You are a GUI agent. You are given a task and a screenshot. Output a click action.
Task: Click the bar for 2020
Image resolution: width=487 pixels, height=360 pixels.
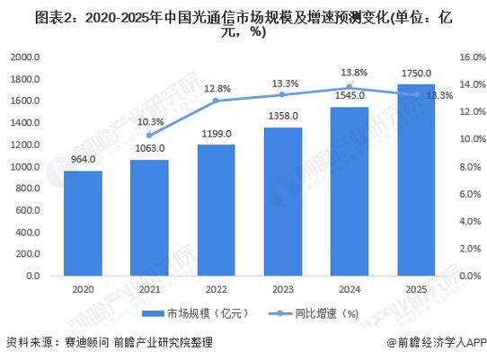82,224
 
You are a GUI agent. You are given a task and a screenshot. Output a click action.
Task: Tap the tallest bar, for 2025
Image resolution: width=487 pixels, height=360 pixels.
414,180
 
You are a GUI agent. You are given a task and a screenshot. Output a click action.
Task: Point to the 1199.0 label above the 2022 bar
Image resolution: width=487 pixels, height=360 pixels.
216,135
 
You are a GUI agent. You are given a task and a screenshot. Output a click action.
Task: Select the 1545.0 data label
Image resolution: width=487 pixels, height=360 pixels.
348,97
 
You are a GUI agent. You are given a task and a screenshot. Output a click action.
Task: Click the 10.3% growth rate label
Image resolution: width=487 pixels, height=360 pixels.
149,121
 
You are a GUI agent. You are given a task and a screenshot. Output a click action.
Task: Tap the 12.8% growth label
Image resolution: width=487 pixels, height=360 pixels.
216,88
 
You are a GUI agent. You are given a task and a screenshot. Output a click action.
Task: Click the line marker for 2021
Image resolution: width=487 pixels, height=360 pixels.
148,135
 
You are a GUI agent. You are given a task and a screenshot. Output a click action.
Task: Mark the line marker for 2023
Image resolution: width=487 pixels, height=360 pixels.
281,94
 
